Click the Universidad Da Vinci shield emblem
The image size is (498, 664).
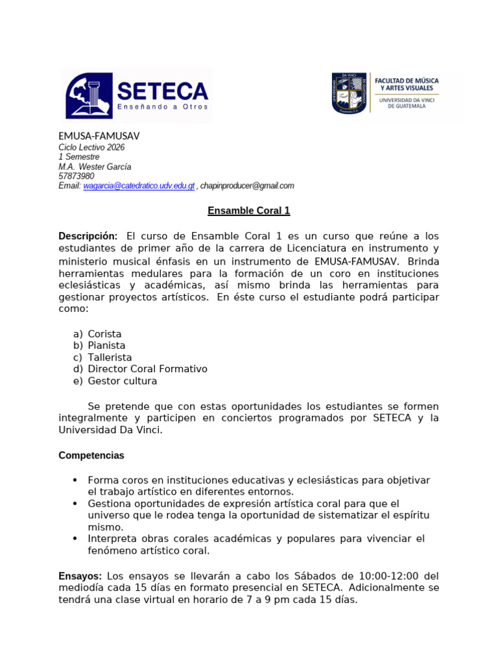coord(350,93)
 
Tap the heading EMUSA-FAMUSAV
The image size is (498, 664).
coord(99,136)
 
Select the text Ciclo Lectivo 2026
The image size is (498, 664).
coord(91,147)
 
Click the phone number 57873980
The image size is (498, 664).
coord(77,176)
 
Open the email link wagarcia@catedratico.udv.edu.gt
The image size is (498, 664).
coord(139,185)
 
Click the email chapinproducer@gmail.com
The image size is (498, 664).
coord(247,185)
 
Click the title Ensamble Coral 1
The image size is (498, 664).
coord(248,211)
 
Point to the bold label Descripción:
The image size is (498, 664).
coord(88,236)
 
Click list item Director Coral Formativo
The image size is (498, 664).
coord(147,369)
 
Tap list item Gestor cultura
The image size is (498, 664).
coord(123,381)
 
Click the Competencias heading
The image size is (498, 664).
coord(91,455)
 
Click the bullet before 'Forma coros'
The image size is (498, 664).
coord(75,480)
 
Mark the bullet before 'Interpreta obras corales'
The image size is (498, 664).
coord(75,539)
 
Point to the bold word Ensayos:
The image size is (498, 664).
coord(80,576)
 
